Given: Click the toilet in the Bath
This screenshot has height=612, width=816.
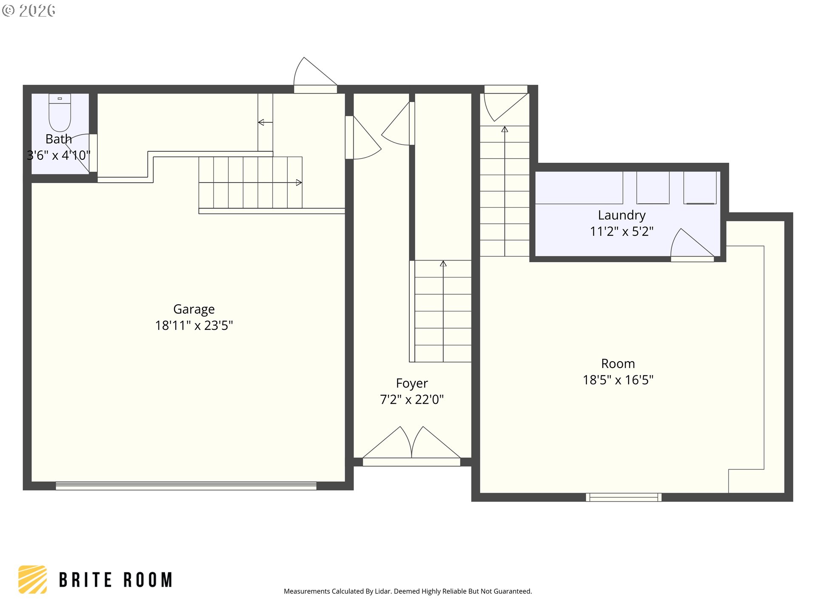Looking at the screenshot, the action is (x=60, y=113).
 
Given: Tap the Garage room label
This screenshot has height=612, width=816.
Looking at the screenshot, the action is (x=194, y=309).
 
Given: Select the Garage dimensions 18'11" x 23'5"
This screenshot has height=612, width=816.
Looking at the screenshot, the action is (x=194, y=326).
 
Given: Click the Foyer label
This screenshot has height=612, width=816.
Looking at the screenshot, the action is (x=412, y=383).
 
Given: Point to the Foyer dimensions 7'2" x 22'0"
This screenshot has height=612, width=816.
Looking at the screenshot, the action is (x=412, y=399).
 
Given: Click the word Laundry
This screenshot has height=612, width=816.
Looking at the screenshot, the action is (x=622, y=215).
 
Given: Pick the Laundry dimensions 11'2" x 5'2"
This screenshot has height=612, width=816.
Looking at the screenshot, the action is (x=622, y=232).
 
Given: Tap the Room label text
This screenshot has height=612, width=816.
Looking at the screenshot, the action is (x=618, y=364).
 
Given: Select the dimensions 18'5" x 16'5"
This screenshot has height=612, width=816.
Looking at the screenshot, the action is (x=618, y=380).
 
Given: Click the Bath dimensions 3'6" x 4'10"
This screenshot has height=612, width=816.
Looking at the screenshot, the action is (x=59, y=155).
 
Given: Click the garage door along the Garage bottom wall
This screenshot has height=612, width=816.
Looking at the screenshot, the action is (x=186, y=486).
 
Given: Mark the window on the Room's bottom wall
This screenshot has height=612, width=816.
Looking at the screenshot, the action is (x=623, y=497).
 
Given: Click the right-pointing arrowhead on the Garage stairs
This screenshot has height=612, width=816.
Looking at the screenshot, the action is (x=299, y=183).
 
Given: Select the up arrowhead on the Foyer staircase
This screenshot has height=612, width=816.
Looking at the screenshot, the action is (x=443, y=263).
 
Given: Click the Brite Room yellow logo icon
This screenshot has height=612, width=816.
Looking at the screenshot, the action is (x=33, y=579).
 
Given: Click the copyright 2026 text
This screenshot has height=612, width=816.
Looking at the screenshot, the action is (x=28, y=10).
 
